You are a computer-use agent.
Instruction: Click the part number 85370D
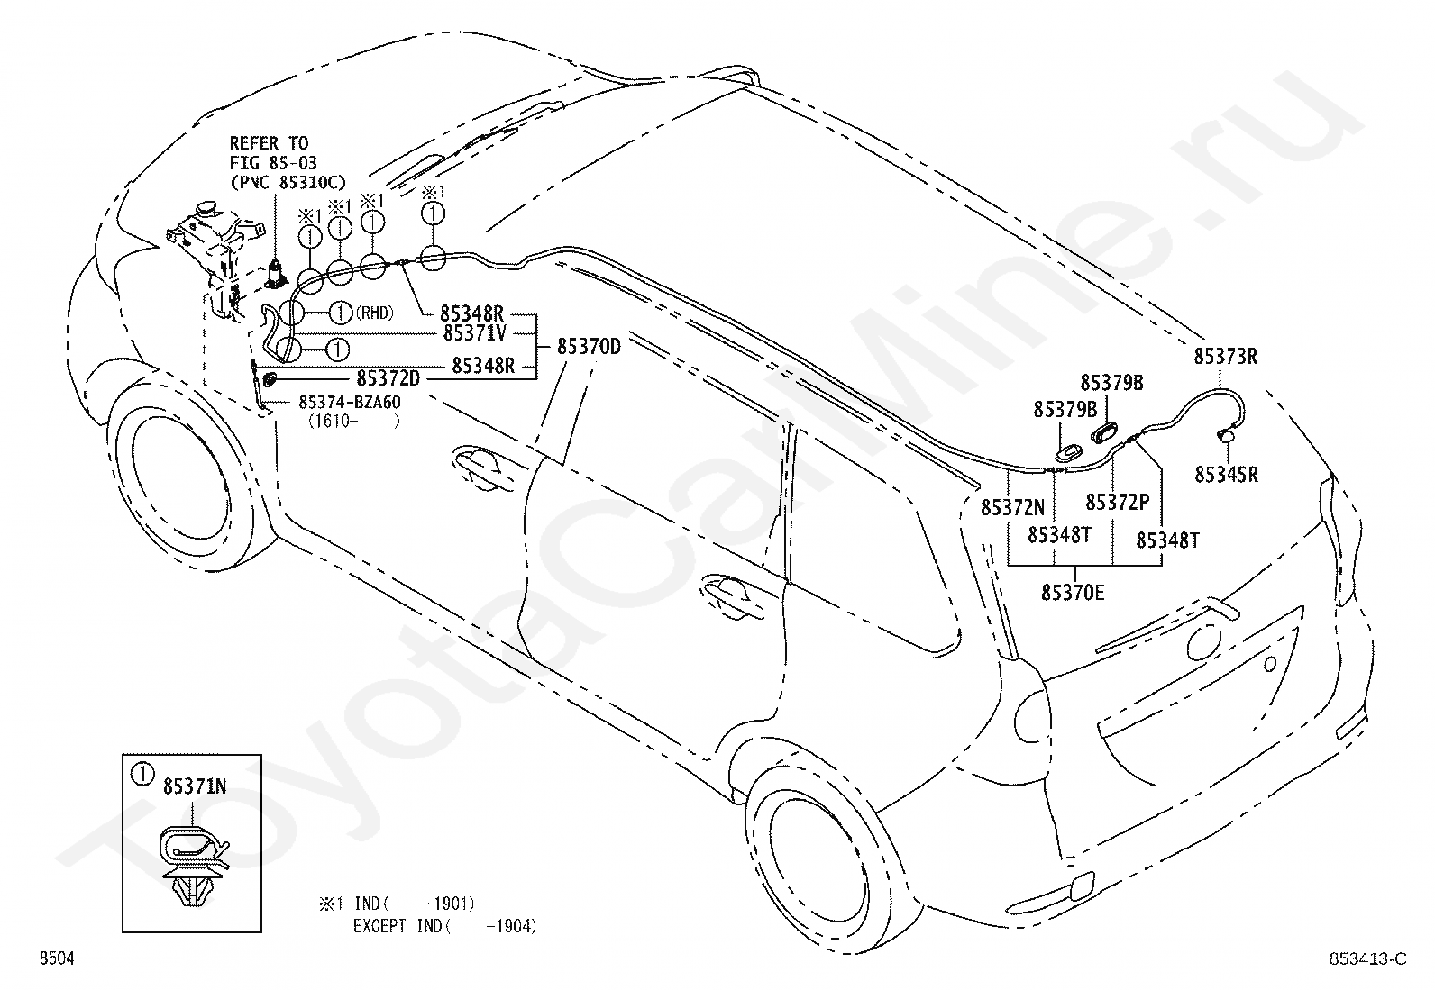(589, 347)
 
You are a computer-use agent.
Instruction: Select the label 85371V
(475, 333)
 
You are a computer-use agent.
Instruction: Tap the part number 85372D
(388, 378)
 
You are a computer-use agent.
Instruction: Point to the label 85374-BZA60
(350, 402)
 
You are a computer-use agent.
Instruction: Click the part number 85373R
(1226, 356)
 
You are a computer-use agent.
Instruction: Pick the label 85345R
(1226, 475)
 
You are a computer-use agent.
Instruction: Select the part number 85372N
(1012, 507)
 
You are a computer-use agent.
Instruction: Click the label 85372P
(1117, 502)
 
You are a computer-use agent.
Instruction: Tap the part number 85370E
(1073, 593)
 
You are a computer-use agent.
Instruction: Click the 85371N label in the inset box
(195, 786)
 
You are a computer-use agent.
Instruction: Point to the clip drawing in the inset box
(193, 867)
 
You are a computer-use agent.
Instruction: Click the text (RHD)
(374, 313)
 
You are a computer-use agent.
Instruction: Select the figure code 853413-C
(1367, 958)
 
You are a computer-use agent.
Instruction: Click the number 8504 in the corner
(57, 958)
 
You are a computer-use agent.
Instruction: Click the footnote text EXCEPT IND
(398, 926)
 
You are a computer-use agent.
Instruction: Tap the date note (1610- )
(353, 422)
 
